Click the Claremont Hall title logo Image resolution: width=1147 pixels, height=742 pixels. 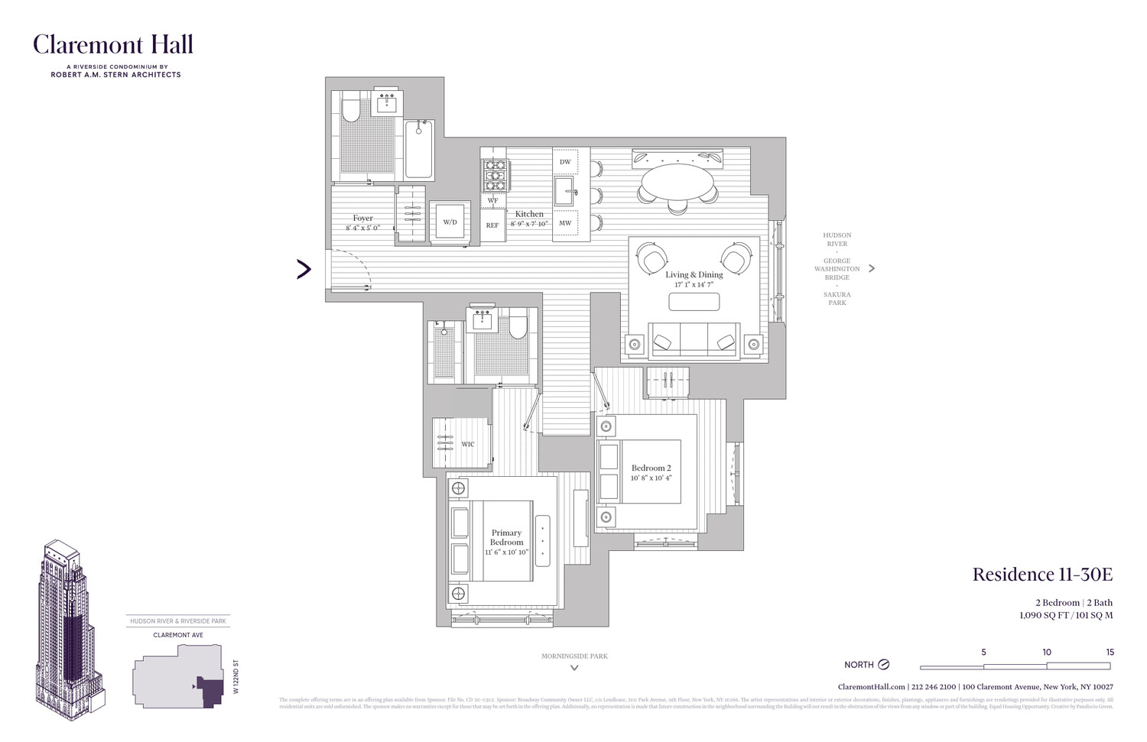click(x=112, y=45)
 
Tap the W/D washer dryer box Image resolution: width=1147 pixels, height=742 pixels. click(x=450, y=222)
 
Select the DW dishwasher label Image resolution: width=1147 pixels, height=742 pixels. click(x=565, y=162)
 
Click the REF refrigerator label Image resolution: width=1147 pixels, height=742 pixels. click(x=492, y=225)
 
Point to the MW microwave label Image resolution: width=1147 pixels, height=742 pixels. click(x=565, y=223)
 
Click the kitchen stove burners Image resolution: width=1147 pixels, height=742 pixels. click(x=494, y=175)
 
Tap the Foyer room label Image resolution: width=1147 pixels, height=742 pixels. click(x=362, y=219)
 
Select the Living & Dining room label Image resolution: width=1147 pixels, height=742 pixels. click(x=694, y=275)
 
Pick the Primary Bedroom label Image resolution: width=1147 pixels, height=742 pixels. click(x=506, y=537)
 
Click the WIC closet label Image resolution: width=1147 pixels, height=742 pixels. click(x=467, y=444)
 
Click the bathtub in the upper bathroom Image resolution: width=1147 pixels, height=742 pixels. click(x=418, y=149)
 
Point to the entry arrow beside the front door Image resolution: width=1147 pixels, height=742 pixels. click(x=304, y=269)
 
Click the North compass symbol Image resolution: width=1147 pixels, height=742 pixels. click(x=883, y=664)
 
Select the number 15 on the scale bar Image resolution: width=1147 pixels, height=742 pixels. click(x=1110, y=652)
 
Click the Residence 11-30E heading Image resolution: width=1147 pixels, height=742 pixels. click(x=1041, y=575)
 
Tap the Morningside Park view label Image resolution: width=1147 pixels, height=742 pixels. click(x=574, y=656)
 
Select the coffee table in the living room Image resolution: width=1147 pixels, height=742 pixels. click(x=694, y=302)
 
